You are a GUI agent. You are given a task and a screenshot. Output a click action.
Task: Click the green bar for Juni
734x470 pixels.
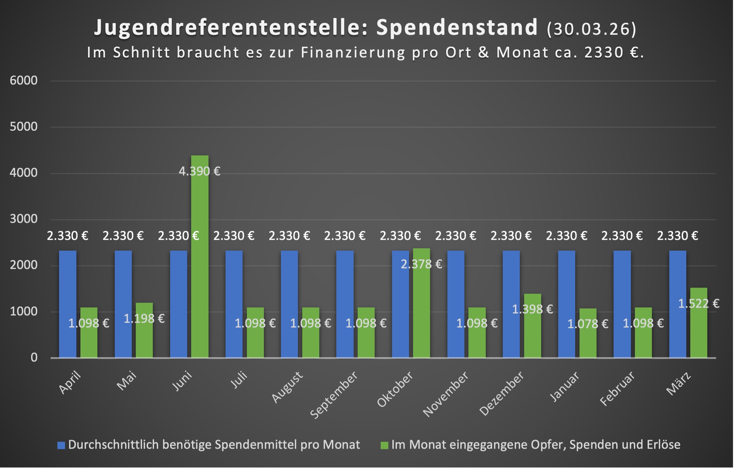coord(200,261)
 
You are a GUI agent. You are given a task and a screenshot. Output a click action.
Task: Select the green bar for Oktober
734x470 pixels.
coord(421,307)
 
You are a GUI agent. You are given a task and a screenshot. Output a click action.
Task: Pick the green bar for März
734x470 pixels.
coord(699,331)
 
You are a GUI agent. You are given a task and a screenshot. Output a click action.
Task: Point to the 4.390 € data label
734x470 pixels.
coord(200,171)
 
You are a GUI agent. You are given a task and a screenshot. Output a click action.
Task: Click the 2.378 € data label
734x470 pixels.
coord(421,264)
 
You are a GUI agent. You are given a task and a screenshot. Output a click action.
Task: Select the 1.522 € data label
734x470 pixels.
coord(699,304)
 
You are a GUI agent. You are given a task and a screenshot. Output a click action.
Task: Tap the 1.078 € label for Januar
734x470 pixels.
coord(588,324)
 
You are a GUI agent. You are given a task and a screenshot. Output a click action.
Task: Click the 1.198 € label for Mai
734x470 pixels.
coord(144,318)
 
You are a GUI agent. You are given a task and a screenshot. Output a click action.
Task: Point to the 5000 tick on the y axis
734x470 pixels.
coord(24,127)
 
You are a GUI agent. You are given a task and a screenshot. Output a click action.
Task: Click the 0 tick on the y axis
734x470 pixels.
coord(34,358)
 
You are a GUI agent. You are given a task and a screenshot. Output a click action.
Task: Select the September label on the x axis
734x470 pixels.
coord(334,395)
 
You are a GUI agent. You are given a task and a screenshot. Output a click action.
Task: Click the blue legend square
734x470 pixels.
coord(61,445)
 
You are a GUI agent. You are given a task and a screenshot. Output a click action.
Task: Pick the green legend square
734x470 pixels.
coord(384,445)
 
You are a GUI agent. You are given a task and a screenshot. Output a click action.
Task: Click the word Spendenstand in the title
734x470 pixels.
coord(457,27)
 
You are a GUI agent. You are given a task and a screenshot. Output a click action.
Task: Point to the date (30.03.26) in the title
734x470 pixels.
coord(592,29)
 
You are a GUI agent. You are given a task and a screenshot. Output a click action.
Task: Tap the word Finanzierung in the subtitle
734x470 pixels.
coord(353,52)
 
